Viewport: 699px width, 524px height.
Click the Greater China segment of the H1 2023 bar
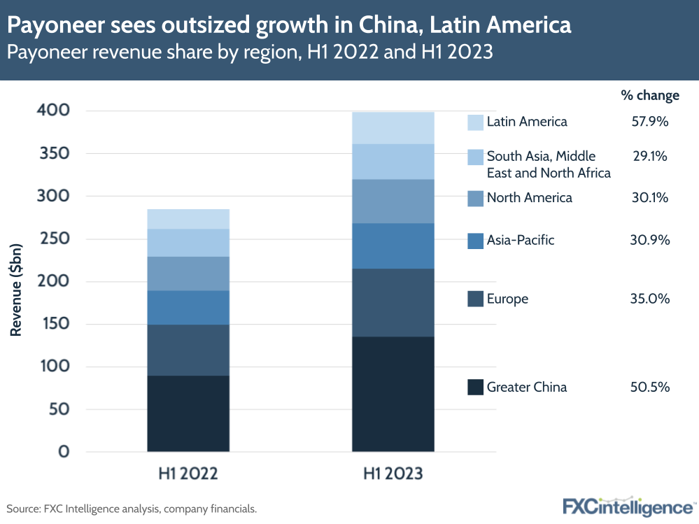coord(393,394)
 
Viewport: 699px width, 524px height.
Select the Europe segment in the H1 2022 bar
coord(188,350)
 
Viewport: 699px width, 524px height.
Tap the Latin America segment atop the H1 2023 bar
coord(393,127)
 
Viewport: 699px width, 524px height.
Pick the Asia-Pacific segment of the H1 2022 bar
coord(188,307)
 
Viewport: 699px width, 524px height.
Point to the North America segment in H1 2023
coord(393,201)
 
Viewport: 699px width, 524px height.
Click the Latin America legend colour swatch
coord(475,122)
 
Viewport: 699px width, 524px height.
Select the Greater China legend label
coord(527,387)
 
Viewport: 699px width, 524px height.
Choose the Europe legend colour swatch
coord(475,299)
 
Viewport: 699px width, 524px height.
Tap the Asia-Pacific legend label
coord(521,240)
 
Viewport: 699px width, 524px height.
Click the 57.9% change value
coord(650,122)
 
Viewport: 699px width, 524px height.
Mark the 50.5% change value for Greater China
coord(650,387)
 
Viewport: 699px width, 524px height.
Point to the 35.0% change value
coord(650,299)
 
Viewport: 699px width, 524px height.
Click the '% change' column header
coord(650,95)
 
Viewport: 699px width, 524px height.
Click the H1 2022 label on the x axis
coord(188,474)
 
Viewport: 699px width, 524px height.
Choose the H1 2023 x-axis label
coord(393,474)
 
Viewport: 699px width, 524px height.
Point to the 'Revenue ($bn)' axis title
coord(16,280)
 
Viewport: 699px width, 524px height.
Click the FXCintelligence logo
coord(628,506)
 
